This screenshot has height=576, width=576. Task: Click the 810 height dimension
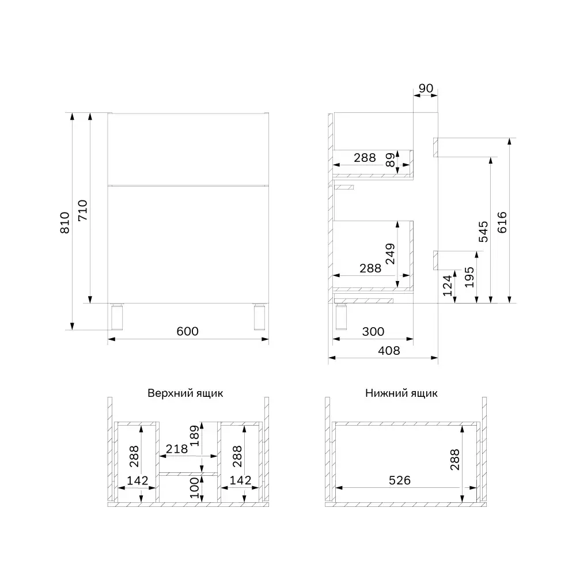(x=65, y=222)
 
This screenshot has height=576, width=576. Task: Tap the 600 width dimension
(x=187, y=331)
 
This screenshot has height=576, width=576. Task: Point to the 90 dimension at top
(x=426, y=88)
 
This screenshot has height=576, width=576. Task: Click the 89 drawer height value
(x=391, y=160)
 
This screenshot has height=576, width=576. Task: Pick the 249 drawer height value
(x=391, y=254)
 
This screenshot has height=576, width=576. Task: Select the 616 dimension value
(x=501, y=221)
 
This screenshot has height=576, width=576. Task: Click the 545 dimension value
(x=483, y=230)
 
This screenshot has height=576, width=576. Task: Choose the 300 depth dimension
(x=373, y=332)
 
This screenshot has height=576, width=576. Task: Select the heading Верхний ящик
(x=185, y=393)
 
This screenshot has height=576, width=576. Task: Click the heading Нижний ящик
(x=401, y=393)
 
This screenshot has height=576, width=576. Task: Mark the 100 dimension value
(x=194, y=487)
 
